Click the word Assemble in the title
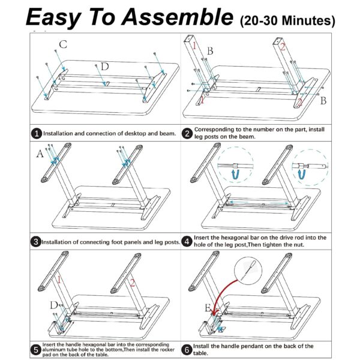(x=178, y=17)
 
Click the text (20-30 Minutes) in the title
(x=287, y=21)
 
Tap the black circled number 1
(x=37, y=133)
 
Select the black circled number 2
(x=187, y=133)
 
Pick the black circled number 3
(x=36, y=242)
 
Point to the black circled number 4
(x=187, y=241)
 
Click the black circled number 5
(x=36, y=350)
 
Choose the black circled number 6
(x=187, y=350)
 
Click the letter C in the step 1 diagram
(x=63, y=44)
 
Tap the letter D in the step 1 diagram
(x=104, y=67)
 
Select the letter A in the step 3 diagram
(x=40, y=154)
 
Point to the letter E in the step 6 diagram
(x=208, y=308)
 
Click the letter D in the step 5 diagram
(x=54, y=305)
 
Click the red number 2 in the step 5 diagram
(x=132, y=283)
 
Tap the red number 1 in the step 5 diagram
(x=59, y=280)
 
